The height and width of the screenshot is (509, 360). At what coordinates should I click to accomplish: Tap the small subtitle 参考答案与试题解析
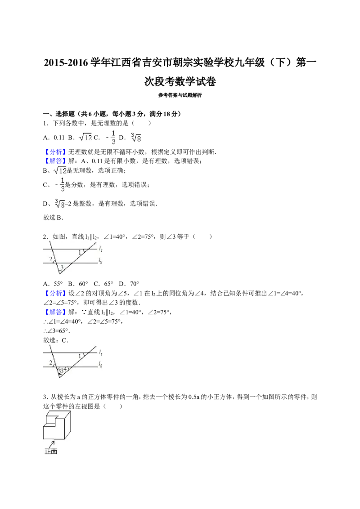pyautogui.click(x=180, y=95)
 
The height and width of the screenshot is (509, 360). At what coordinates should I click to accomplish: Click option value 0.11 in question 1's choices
pyautogui.click(x=59, y=137)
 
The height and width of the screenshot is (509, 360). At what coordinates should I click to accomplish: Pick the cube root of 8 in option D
pyautogui.click(x=136, y=137)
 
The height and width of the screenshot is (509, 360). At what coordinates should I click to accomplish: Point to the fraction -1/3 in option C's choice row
pyautogui.click(x=111, y=137)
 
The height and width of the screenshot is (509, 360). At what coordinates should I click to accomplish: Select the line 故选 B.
pyautogui.click(x=53, y=218)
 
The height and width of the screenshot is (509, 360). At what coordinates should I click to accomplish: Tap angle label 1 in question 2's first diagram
pyautogui.click(x=80, y=252)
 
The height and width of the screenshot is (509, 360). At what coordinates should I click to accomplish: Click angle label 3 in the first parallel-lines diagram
pyautogui.click(x=61, y=268)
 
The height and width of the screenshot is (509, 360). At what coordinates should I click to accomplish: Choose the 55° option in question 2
pyautogui.click(x=58, y=284)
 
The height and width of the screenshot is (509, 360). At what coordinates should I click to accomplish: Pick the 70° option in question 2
pyautogui.click(x=135, y=284)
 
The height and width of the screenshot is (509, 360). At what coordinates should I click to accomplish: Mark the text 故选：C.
pyautogui.click(x=55, y=340)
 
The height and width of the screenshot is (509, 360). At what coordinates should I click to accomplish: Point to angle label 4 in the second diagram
pyautogui.click(x=65, y=369)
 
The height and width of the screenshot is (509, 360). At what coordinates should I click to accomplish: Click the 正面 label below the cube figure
pyautogui.click(x=51, y=451)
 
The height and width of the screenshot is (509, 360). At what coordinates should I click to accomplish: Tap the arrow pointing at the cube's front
pyautogui.click(x=51, y=443)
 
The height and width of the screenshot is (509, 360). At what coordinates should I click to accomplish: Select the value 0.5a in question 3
pyautogui.click(x=193, y=397)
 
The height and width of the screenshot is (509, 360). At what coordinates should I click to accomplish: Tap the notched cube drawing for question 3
pyautogui.click(x=57, y=425)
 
